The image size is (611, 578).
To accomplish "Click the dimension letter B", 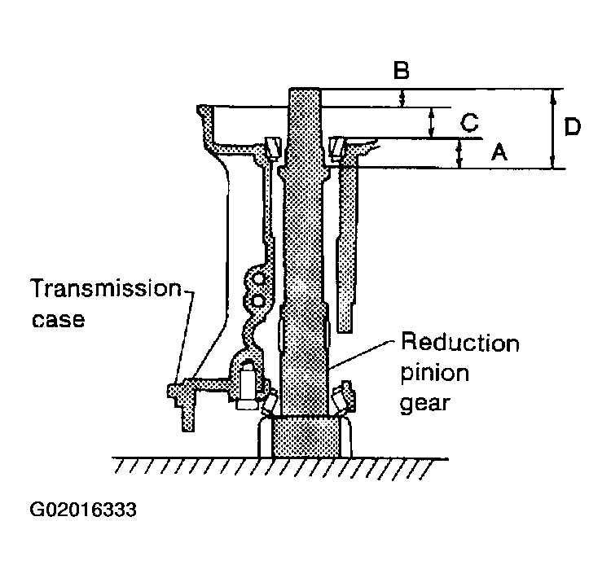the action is point(402,70).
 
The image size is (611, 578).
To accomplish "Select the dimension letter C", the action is point(469,122).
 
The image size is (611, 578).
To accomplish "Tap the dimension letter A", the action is point(499,152).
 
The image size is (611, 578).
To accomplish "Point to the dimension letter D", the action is point(572,126).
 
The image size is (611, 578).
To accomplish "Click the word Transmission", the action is point(106,288).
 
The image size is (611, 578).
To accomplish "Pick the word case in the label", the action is point(58,319).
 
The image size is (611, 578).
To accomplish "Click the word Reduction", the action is point(460,343).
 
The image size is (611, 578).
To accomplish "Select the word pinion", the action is point(435,374).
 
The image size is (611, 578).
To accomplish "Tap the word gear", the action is point(425,403).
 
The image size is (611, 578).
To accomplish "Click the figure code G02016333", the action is point(83,510).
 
